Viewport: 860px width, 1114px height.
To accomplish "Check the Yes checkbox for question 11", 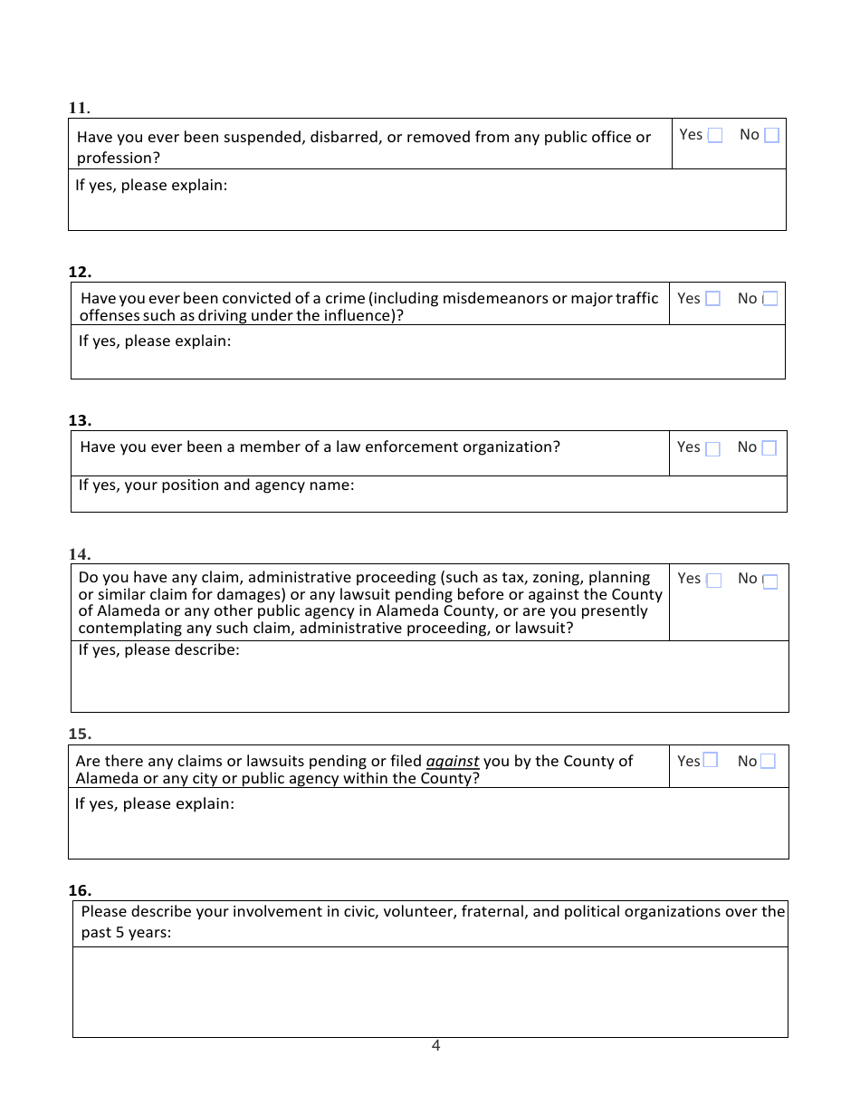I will click(x=715, y=136).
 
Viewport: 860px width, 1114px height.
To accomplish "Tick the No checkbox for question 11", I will click(x=771, y=136).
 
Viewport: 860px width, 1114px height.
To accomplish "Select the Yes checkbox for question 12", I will click(x=712, y=299).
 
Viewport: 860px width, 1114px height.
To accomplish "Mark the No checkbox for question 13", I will click(x=769, y=448).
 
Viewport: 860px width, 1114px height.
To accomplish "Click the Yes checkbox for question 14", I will click(x=713, y=581).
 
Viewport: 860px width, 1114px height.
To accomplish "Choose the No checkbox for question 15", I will click(x=768, y=762).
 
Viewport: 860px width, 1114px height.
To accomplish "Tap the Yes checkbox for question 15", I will click(x=711, y=760).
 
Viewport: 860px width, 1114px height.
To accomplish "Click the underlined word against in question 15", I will click(x=453, y=762).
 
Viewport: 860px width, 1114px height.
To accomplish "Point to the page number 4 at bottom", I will click(x=435, y=1046).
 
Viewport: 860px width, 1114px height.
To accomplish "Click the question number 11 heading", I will click(x=79, y=108).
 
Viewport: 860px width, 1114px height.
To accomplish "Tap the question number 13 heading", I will click(x=80, y=420).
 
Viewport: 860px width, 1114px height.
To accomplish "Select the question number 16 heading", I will click(x=80, y=890).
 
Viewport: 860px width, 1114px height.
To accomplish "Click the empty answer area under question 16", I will click(x=430, y=992).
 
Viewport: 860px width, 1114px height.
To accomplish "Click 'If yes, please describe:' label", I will click(x=159, y=650).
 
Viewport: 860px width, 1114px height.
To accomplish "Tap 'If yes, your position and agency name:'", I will click(x=216, y=485).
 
